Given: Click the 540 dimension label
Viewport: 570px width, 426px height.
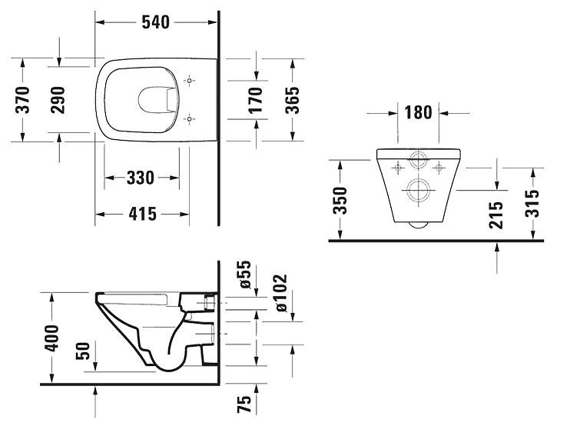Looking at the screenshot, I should coord(156,22).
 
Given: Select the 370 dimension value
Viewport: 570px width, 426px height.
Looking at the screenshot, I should coord(23,99).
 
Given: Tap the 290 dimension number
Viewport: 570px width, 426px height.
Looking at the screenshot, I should coord(58,99).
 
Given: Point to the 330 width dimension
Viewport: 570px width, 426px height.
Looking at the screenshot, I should coord(141,178).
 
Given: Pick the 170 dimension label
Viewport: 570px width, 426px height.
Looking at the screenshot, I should coord(256,99).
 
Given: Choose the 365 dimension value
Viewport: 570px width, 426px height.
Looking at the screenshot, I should coord(292,99).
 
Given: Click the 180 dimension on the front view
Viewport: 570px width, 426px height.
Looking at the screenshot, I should coord(417,113).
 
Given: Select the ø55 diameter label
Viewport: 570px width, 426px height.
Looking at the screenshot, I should coord(245,275).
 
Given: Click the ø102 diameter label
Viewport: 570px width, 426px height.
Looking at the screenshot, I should coord(280,293).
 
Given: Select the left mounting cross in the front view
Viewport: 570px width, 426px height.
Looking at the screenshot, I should coord(397,166).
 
